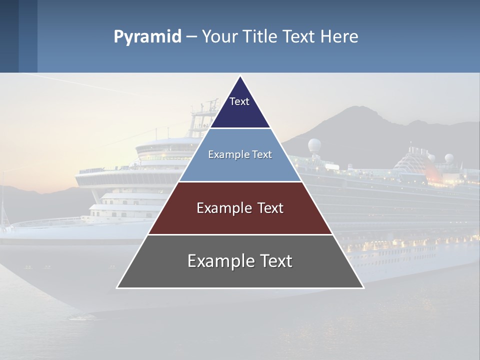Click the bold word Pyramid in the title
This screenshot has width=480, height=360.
[147, 37]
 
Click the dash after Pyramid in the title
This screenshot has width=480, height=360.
[191, 37]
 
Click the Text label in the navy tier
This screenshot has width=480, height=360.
[239, 101]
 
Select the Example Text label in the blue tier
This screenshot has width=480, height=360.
[240, 154]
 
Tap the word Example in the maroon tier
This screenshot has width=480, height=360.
[223, 208]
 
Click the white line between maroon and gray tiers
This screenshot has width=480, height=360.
[240, 234]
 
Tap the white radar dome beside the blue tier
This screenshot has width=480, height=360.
[314, 145]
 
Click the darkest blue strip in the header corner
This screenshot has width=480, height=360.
[9, 36]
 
